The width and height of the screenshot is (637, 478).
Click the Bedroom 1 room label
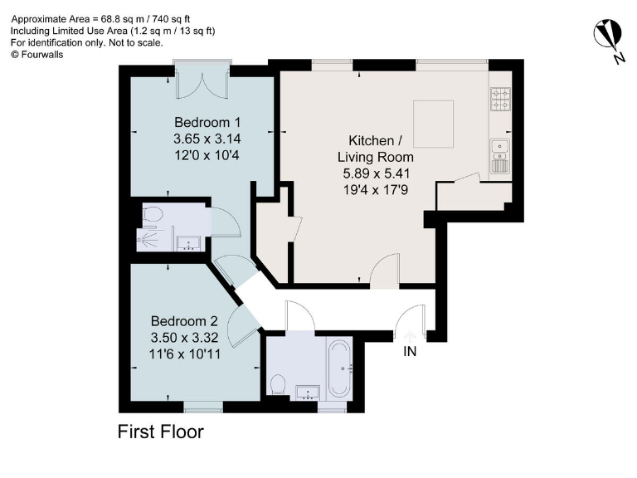click(x=202, y=123)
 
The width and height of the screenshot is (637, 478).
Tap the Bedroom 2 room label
click(x=184, y=321)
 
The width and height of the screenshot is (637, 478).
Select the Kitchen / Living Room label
click(x=375, y=148)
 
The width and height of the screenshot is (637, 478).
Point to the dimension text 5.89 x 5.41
click(x=375, y=174)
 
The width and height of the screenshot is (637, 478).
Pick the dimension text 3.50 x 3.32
click(x=184, y=338)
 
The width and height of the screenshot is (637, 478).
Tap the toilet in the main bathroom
click(x=280, y=384)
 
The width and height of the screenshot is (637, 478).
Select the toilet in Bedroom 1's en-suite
click(x=151, y=215)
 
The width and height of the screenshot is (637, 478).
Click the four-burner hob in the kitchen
click(x=501, y=100)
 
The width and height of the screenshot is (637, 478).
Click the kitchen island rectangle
click(x=433, y=122)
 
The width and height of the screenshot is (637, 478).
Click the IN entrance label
click(x=409, y=352)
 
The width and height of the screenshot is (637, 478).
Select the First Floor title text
click(x=160, y=432)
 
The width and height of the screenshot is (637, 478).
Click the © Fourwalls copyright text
click(x=36, y=54)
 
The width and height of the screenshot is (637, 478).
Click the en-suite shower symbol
click(x=148, y=240)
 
